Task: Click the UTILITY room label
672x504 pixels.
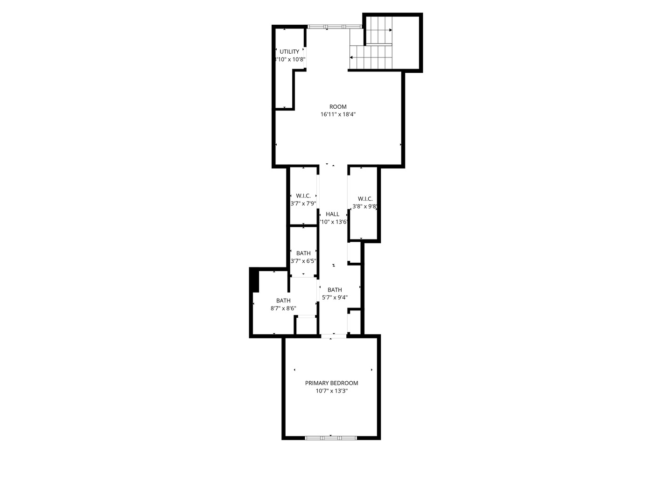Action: pyautogui.click(x=289, y=52)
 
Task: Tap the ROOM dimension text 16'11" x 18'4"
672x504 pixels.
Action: pyautogui.click(x=338, y=114)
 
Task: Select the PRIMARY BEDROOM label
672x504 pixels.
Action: pyautogui.click(x=331, y=383)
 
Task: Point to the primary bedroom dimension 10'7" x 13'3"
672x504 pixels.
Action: pyautogui.click(x=331, y=391)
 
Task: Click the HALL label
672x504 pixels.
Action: pyautogui.click(x=333, y=214)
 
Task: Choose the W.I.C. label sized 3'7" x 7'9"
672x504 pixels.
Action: pyautogui.click(x=303, y=196)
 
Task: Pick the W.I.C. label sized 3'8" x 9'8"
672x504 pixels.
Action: pyautogui.click(x=365, y=199)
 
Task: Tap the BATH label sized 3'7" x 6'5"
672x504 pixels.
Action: pyautogui.click(x=303, y=253)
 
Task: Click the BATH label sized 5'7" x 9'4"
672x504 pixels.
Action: pyautogui.click(x=335, y=290)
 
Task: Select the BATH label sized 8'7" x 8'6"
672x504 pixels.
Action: pyautogui.click(x=283, y=301)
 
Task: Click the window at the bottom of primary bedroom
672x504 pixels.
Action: pyautogui.click(x=331, y=438)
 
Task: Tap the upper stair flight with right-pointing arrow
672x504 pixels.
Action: pyautogui.click(x=379, y=30)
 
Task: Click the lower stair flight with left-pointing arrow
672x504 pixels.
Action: pyautogui.click(x=371, y=57)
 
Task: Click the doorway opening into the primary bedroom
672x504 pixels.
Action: pyautogui.click(x=333, y=336)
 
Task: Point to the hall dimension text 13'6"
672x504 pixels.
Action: pyautogui.click(x=340, y=222)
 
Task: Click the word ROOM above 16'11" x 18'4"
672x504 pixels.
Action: pyautogui.click(x=338, y=107)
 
